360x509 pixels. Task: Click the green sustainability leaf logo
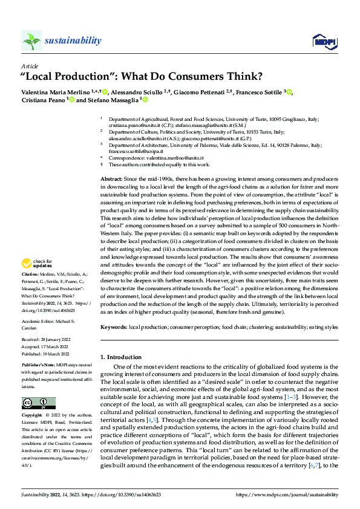(x=31, y=41)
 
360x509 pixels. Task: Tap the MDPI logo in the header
(x=321, y=41)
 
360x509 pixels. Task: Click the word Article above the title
(x=29, y=66)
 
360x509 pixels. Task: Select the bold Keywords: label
(x=114, y=327)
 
